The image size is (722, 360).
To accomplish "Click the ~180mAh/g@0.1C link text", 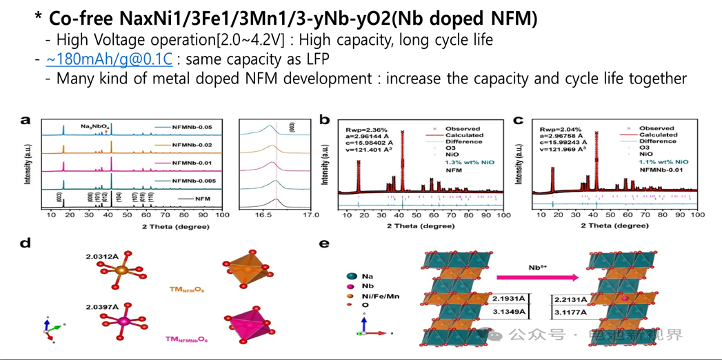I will pos(109,60).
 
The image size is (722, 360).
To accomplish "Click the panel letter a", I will pos(26,121).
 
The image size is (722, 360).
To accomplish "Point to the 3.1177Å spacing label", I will pos(570,312).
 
